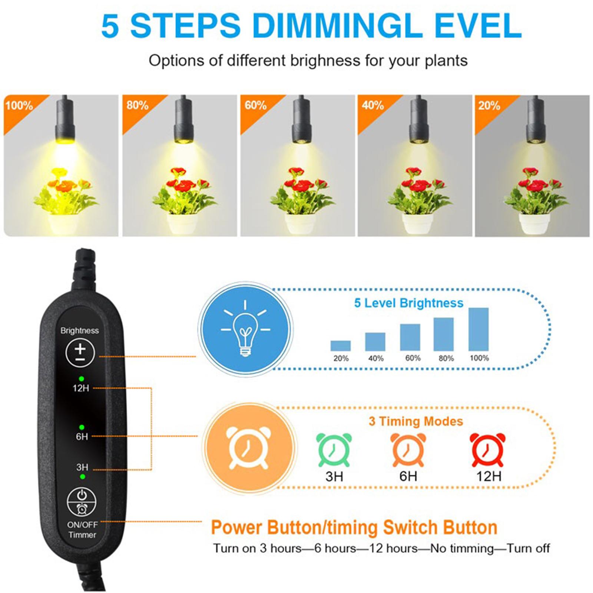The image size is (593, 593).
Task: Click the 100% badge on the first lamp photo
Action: point(19,106)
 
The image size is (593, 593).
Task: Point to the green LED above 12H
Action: point(81,379)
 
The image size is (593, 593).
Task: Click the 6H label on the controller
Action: point(82,437)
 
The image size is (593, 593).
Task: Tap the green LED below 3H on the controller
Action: point(83,477)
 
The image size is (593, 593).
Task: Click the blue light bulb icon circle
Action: point(245,328)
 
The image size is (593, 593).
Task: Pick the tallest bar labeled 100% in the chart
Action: point(478,329)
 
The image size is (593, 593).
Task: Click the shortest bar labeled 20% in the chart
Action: point(340,346)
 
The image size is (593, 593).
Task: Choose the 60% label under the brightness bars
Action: point(413,358)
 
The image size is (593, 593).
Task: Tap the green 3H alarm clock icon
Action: point(334,450)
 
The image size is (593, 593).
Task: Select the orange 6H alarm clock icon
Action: point(408,450)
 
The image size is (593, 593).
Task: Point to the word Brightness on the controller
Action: point(80,330)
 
